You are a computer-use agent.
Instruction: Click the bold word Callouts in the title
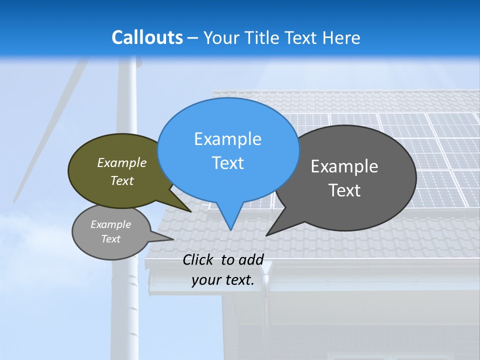click(147, 37)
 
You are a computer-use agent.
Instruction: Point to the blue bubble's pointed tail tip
click(230, 229)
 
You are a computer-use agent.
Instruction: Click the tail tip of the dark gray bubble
click(266, 235)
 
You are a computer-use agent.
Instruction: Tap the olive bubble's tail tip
click(191, 211)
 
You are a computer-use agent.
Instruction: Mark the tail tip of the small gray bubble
click(173, 239)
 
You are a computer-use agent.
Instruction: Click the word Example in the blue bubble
click(227, 139)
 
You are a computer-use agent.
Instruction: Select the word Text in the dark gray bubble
click(344, 190)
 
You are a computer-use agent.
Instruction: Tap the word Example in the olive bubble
click(122, 162)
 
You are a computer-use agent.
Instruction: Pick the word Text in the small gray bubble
click(111, 239)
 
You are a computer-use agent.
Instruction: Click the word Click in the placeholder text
click(198, 259)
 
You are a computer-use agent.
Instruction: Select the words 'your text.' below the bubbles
click(223, 280)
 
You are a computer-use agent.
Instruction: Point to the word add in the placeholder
click(251, 259)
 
